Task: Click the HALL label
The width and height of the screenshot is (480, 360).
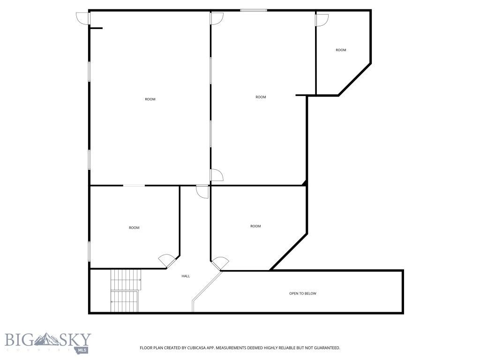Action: (x=186, y=276)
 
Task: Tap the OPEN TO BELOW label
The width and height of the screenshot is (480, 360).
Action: (x=302, y=293)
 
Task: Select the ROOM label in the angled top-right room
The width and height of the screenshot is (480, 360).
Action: (x=341, y=50)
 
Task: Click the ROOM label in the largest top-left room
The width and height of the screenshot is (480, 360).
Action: (x=150, y=99)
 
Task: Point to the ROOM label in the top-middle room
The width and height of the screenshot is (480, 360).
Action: (x=261, y=97)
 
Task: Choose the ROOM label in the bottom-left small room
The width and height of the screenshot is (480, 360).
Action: (x=134, y=228)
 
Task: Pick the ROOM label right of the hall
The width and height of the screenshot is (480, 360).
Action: (x=255, y=226)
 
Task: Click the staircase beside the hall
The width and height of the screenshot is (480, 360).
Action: (x=126, y=291)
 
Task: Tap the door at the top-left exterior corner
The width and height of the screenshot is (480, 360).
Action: (x=82, y=18)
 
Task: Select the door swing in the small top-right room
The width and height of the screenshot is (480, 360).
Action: (x=322, y=20)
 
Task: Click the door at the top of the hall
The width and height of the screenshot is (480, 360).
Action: (x=202, y=191)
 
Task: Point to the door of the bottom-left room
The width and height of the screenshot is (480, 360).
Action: (x=166, y=261)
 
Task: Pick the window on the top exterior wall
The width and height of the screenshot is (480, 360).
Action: (x=254, y=10)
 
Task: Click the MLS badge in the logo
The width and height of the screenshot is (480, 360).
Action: (x=82, y=350)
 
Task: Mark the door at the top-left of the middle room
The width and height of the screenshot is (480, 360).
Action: (x=217, y=18)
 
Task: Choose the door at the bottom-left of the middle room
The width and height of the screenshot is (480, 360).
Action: (x=217, y=175)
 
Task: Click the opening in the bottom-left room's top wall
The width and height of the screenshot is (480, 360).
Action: (x=134, y=186)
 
